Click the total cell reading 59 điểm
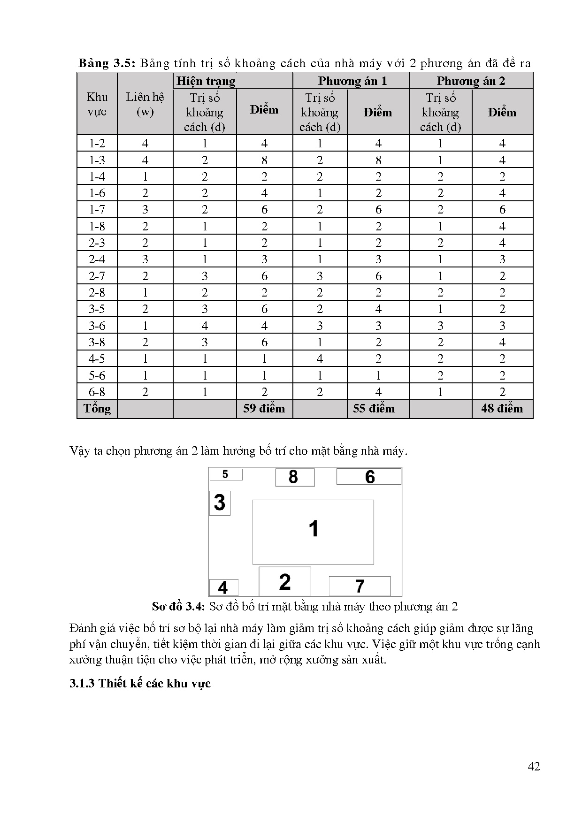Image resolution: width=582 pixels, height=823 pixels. [x=264, y=408]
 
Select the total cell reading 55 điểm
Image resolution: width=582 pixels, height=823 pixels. [x=374, y=408]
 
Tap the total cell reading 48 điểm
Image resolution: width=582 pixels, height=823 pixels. [x=502, y=408]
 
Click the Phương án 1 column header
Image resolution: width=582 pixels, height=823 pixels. [x=352, y=81]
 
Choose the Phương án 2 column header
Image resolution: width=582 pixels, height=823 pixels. [x=471, y=81]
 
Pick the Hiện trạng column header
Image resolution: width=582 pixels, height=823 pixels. [x=206, y=81]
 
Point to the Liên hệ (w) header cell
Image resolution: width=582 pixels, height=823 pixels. [x=145, y=104]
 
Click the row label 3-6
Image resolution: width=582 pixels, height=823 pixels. [x=97, y=326]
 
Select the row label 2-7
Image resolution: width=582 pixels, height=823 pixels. [x=97, y=276]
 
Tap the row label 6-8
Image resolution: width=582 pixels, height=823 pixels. [x=97, y=392]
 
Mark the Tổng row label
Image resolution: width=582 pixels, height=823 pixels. [x=97, y=408]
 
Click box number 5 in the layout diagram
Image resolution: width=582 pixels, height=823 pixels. [x=225, y=474]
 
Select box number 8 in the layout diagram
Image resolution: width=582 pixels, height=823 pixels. [x=294, y=477]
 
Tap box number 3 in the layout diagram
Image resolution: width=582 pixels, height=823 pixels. [x=219, y=502]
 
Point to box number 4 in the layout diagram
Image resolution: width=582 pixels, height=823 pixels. [x=223, y=587]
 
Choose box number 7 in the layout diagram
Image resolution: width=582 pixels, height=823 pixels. [x=360, y=586]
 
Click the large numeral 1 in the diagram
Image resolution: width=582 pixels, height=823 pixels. [x=314, y=529]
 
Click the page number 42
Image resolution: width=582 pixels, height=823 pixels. [x=534, y=766]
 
